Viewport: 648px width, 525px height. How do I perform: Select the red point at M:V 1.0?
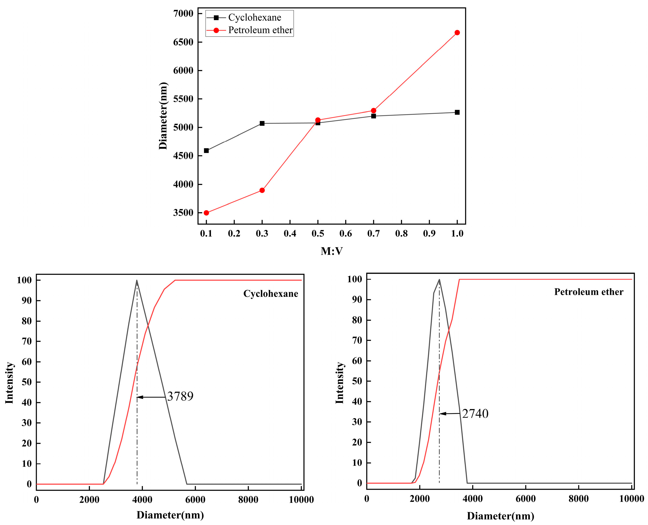[x=457, y=33]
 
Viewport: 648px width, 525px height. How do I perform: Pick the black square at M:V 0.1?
[x=206, y=151]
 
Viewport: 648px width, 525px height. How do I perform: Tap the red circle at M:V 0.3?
[x=262, y=190]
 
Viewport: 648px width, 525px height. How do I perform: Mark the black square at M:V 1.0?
[x=457, y=112]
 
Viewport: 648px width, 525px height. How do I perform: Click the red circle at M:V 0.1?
[x=206, y=213]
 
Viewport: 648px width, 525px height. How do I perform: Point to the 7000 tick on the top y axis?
[x=183, y=14]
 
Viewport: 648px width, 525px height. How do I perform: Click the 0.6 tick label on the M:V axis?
[x=345, y=233]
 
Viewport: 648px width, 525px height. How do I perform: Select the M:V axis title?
[x=331, y=251]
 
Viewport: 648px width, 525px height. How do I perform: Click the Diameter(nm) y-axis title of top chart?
[x=163, y=116]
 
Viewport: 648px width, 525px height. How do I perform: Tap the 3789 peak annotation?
[x=180, y=396]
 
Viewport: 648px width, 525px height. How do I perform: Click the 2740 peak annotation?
[x=475, y=414]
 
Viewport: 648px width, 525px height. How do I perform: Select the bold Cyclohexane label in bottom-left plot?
[x=270, y=294]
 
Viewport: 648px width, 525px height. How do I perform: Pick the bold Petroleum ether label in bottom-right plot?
[x=588, y=292]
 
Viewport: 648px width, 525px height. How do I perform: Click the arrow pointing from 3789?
[x=151, y=397]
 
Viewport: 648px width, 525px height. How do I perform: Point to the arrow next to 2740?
[x=450, y=414]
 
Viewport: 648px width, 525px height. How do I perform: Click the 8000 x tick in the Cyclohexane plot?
[x=248, y=500]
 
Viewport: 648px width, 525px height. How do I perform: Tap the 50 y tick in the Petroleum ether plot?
[x=357, y=381]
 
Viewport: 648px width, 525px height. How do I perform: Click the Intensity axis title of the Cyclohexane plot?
[x=9, y=383]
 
